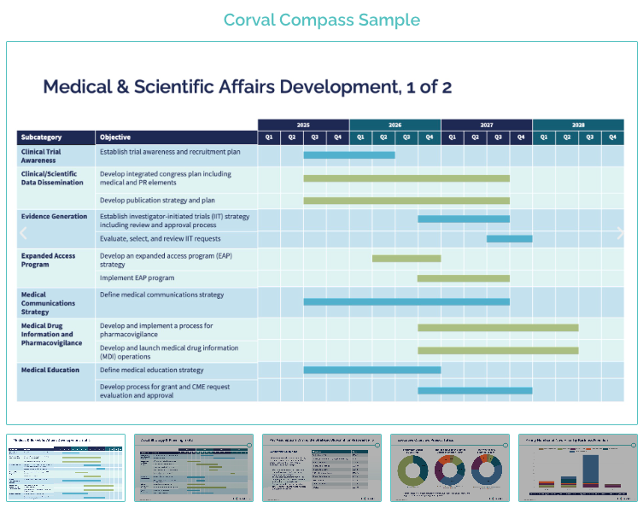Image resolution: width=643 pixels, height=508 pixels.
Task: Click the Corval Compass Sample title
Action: point(321,20)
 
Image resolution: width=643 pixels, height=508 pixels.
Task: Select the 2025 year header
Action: point(303,125)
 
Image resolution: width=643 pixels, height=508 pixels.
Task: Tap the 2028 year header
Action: point(578,125)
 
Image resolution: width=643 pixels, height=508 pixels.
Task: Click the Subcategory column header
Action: point(41,137)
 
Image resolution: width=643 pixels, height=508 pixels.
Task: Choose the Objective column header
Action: point(115,137)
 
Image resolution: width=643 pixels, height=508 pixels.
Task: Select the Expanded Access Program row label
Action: point(48,260)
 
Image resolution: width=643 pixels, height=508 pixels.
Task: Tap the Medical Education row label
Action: point(50,371)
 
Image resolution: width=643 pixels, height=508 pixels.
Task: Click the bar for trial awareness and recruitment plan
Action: point(349,155)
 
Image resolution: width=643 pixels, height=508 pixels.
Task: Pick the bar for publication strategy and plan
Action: point(406,201)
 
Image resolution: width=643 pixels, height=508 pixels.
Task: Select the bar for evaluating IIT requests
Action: point(509,239)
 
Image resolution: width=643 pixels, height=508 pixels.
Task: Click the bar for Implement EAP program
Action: point(464,278)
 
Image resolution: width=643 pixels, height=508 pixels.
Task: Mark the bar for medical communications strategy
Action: point(406,301)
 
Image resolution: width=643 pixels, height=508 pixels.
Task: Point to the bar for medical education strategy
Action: point(372,371)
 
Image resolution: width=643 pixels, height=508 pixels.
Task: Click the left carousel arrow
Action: point(23,232)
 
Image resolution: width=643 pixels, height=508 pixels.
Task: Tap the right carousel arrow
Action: point(621,232)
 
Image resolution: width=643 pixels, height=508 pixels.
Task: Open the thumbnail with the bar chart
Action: point(577,468)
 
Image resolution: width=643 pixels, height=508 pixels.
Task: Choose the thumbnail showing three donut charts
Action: point(449,468)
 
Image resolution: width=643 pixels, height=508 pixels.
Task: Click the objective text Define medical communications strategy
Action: point(161,295)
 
